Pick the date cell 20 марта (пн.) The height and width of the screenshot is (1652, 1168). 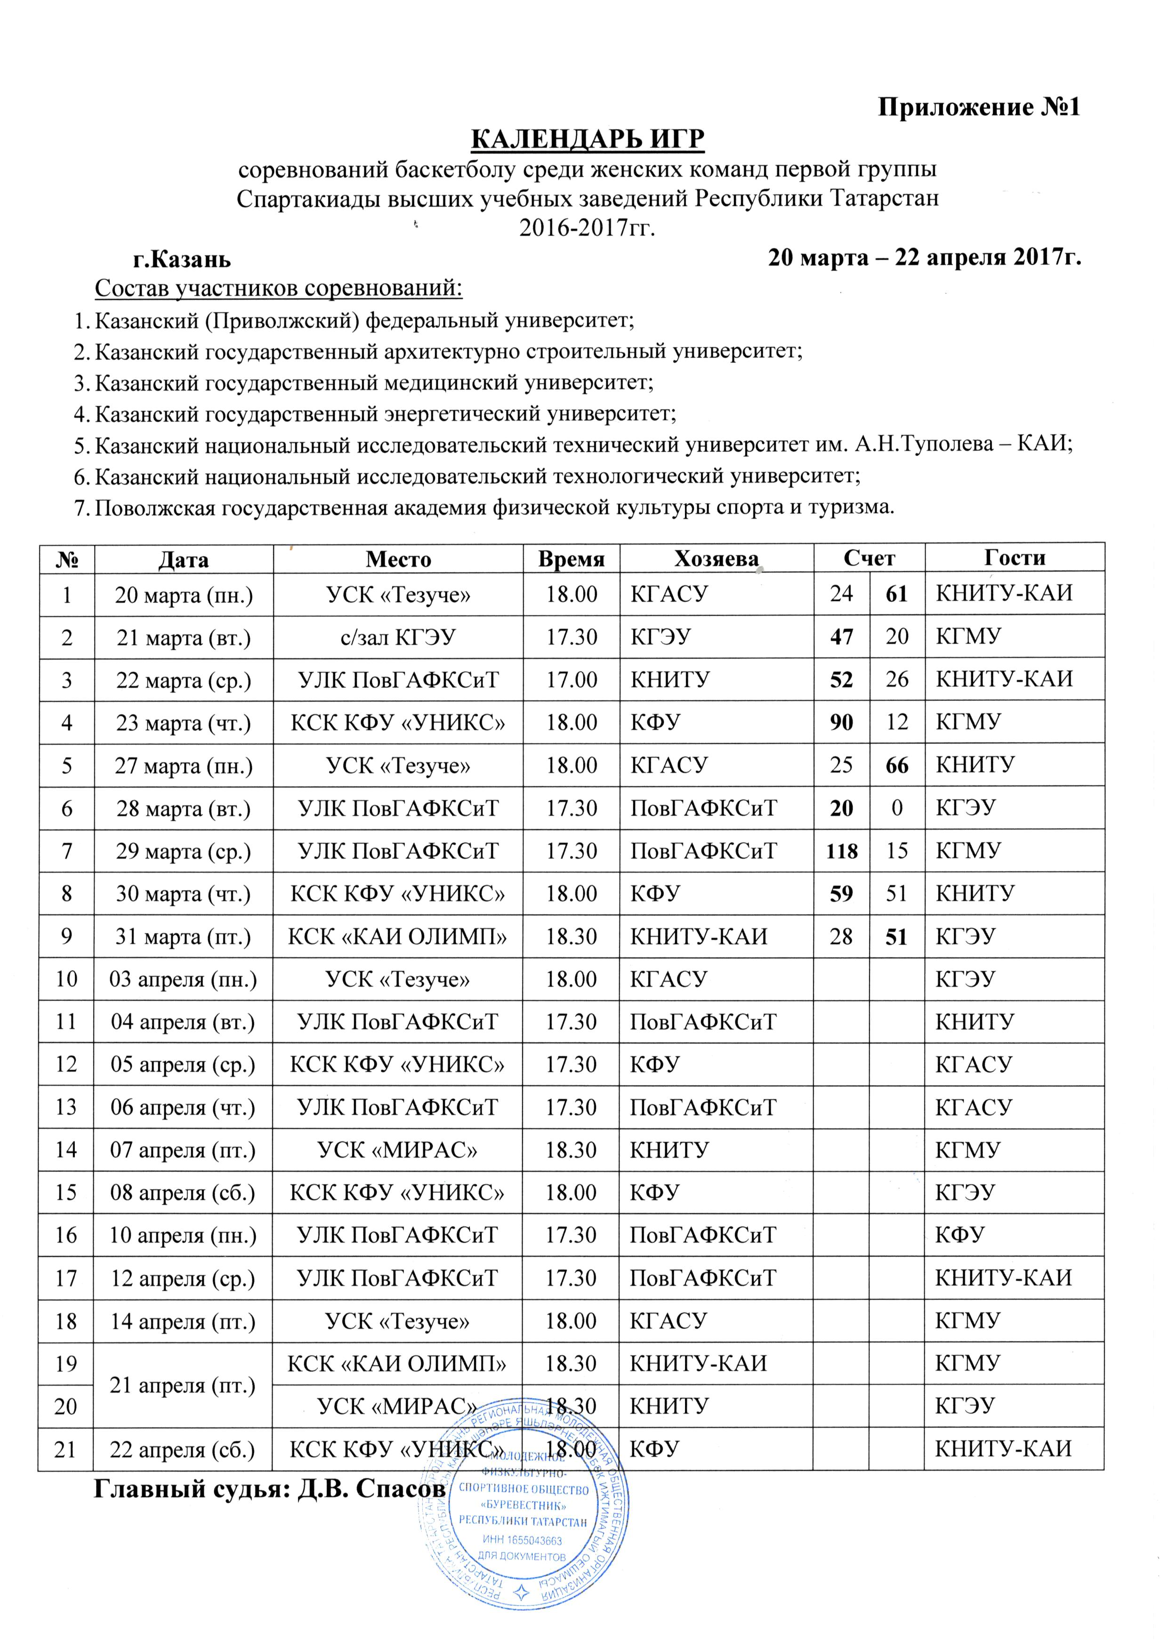point(184,594)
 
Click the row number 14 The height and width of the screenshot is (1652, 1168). point(66,1150)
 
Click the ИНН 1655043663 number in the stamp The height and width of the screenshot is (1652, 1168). point(523,1540)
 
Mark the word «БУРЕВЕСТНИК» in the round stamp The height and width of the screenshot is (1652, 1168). point(524,1505)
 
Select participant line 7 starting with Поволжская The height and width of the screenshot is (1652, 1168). point(495,508)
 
